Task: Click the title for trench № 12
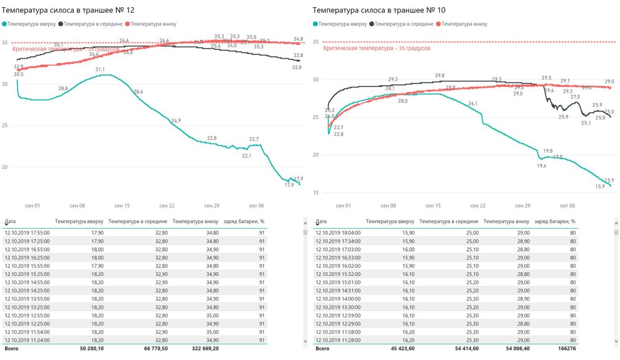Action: tap(73, 10)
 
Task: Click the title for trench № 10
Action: tap(379, 10)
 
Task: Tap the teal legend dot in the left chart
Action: tap(5, 24)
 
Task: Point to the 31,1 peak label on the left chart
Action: tap(100, 69)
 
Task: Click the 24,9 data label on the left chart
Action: tap(176, 121)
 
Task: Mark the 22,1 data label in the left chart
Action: tap(246, 155)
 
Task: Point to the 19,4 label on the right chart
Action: tap(541, 166)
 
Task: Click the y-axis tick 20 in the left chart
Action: tap(5, 167)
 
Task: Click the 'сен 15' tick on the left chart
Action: tap(122, 206)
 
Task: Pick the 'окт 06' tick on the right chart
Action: tap(567, 206)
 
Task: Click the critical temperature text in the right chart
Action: tap(377, 48)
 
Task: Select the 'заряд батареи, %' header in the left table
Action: tap(243, 222)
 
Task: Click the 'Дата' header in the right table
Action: tap(321, 221)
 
